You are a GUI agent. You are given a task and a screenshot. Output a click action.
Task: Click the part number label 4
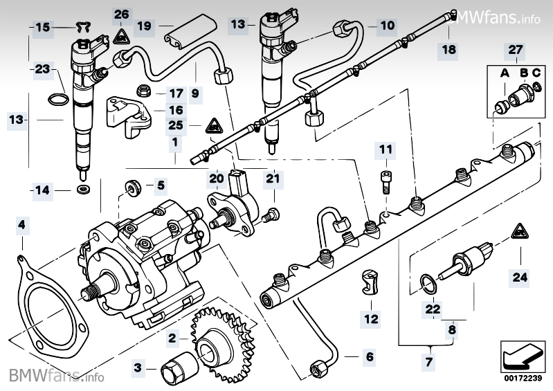(22, 225)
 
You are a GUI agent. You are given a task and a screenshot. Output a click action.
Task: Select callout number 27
(516, 50)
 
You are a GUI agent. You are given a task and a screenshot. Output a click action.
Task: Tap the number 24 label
(519, 278)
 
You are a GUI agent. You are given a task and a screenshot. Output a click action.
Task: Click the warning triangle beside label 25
(212, 126)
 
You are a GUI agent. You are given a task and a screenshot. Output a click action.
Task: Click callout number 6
(369, 357)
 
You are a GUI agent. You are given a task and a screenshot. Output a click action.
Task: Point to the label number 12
(370, 319)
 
